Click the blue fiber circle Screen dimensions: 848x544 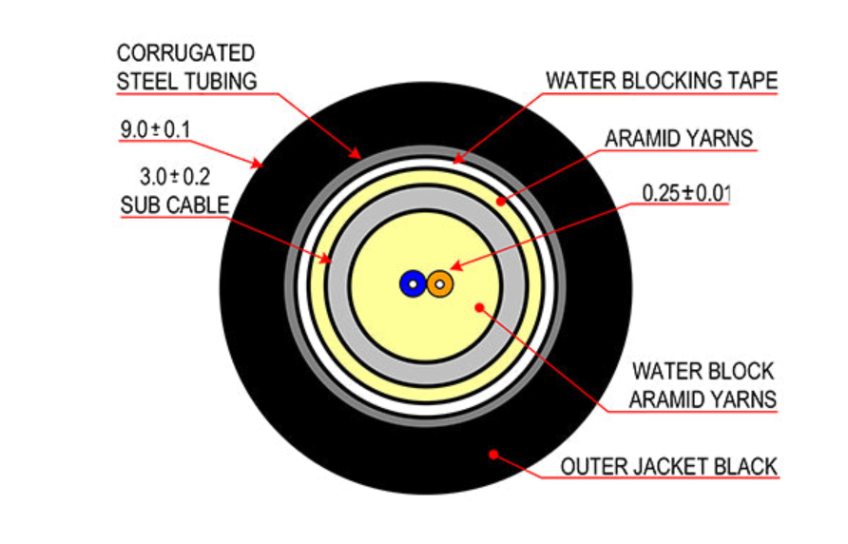[413, 283]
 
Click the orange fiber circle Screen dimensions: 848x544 [440, 283]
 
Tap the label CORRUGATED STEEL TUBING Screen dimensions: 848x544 [186, 68]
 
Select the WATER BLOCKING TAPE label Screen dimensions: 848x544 [662, 81]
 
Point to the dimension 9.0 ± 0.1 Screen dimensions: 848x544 [155, 130]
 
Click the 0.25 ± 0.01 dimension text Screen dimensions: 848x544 [685, 193]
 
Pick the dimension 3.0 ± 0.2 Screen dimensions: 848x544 [175, 177]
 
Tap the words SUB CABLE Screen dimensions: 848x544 [175, 205]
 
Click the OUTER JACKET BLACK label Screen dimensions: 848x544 [668, 467]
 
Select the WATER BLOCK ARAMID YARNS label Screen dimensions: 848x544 [703, 385]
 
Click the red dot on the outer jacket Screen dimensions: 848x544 [493, 455]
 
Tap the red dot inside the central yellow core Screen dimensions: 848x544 [479, 307]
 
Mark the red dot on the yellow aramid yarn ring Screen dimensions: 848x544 [501, 202]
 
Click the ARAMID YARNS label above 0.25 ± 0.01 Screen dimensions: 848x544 [679, 139]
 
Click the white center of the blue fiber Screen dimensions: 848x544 [414, 284]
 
